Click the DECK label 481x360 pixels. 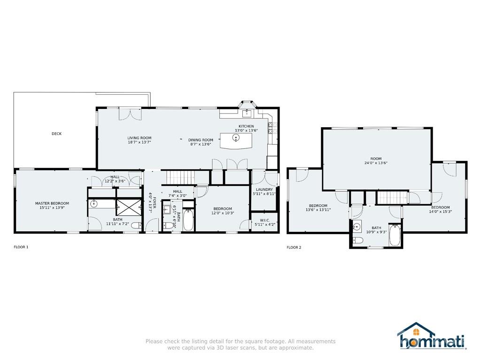pyautogui.click(x=56, y=134)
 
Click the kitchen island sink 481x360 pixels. pyautogui.click(x=236, y=138)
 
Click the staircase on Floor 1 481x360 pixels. pyautogui.click(x=180, y=177)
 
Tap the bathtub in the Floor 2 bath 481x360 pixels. pyautogui.click(x=395, y=236)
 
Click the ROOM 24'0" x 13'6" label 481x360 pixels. pyautogui.click(x=376, y=161)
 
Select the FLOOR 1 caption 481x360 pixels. pyautogui.click(x=21, y=247)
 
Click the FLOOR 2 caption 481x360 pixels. pyautogui.click(x=294, y=247)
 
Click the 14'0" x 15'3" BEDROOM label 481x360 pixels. pyautogui.click(x=440, y=209)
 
